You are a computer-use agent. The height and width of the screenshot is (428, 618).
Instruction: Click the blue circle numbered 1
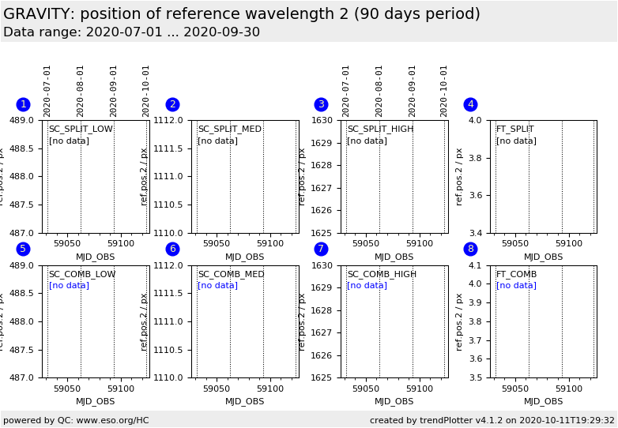click(x=23, y=104)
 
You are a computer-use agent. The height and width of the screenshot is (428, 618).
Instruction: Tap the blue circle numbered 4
click(x=470, y=104)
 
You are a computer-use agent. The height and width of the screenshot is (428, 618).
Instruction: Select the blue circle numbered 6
click(x=172, y=249)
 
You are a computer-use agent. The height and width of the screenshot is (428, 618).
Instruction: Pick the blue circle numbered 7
click(x=321, y=249)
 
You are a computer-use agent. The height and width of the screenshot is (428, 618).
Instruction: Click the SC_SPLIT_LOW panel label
click(x=81, y=130)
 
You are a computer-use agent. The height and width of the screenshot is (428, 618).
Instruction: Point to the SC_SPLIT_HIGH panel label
click(x=380, y=130)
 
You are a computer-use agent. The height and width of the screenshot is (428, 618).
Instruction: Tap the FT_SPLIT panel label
click(x=514, y=130)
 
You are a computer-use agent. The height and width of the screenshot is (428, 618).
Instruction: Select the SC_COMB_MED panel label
click(x=231, y=275)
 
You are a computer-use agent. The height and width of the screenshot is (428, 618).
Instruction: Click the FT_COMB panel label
click(x=516, y=275)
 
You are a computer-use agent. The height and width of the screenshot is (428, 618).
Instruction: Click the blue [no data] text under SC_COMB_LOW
click(x=69, y=286)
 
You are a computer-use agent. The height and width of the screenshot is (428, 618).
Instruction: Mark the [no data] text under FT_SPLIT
click(x=516, y=141)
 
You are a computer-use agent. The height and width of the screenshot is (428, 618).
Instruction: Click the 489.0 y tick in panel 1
click(x=21, y=120)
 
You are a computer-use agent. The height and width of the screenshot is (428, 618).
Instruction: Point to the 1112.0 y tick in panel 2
click(x=168, y=120)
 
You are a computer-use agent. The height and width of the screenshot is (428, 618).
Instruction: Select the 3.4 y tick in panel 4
click(x=477, y=233)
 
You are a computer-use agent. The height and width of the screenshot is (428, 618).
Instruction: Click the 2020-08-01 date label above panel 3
click(x=379, y=91)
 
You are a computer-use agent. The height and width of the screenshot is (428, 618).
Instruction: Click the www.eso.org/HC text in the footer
click(x=110, y=421)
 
